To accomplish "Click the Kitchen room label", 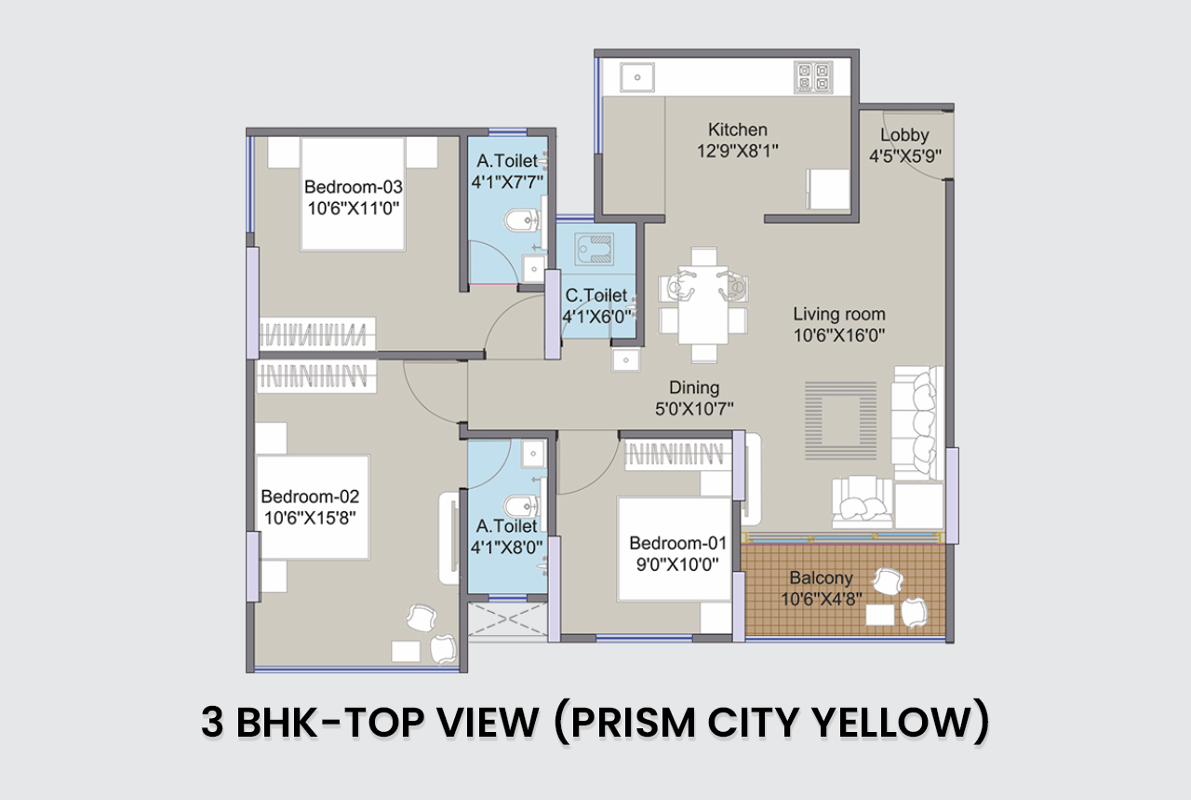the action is (x=738, y=129).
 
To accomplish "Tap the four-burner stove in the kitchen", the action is (x=813, y=77).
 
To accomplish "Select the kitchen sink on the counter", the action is (x=637, y=77).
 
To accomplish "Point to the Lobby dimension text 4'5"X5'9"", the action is (x=905, y=156).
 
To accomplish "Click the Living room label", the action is (x=839, y=314).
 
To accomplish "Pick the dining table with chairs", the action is (x=703, y=305).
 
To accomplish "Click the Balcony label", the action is (x=821, y=577).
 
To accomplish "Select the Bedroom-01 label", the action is (x=678, y=543).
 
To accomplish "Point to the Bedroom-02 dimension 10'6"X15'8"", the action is (x=310, y=518).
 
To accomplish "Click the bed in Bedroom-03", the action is (x=353, y=194).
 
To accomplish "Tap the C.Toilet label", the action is (x=596, y=295).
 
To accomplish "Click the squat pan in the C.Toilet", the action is (x=593, y=249).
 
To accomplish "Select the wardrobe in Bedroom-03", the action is (x=317, y=333).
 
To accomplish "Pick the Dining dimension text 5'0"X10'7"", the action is (x=694, y=409).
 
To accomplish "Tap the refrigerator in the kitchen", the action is (x=828, y=189).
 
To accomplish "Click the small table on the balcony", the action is (x=880, y=615).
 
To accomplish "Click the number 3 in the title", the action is (x=212, y=723).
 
